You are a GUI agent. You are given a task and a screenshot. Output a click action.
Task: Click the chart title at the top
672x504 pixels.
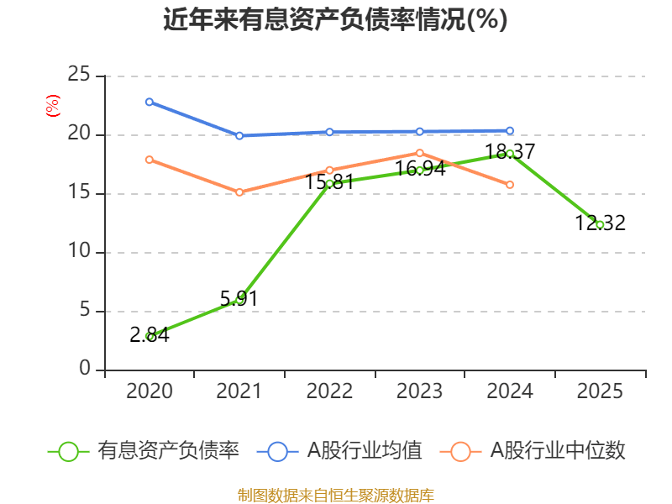point(335,19)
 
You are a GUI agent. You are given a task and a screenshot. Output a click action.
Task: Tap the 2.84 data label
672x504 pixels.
point(150,335)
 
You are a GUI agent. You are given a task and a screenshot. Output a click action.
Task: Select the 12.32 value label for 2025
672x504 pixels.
point(600,223)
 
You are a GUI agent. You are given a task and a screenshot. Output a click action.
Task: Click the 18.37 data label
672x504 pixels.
point(510,152)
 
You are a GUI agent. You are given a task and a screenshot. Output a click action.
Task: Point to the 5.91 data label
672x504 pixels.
point(239,298)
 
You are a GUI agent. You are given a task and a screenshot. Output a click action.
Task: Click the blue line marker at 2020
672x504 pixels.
point(150,102)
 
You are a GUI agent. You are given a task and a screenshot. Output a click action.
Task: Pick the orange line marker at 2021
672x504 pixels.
point(239,192)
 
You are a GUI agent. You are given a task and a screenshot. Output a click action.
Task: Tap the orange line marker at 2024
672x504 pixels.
point(510,185)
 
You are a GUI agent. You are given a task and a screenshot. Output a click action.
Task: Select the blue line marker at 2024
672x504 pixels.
point(510,130)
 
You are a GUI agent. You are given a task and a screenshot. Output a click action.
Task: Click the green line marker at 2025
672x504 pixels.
point(600,225)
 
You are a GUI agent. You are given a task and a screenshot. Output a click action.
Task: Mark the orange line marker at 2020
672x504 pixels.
point(150,160)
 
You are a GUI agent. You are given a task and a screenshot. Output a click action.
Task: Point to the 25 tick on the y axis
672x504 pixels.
point(79,76)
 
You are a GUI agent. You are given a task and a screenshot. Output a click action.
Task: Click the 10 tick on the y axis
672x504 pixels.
point(79,252)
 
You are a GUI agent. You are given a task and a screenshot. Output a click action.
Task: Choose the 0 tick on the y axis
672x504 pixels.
point(85,370)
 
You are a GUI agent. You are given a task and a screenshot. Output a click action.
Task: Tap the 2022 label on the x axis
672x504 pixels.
point(329,391)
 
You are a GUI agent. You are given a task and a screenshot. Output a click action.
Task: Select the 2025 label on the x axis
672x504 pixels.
point(600,391)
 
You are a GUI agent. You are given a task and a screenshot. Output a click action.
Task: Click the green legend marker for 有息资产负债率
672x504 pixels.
point(69,451)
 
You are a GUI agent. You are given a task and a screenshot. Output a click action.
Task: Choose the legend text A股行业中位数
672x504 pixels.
point(558,451)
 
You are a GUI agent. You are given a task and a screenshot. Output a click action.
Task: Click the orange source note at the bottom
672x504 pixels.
point(335,495)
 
